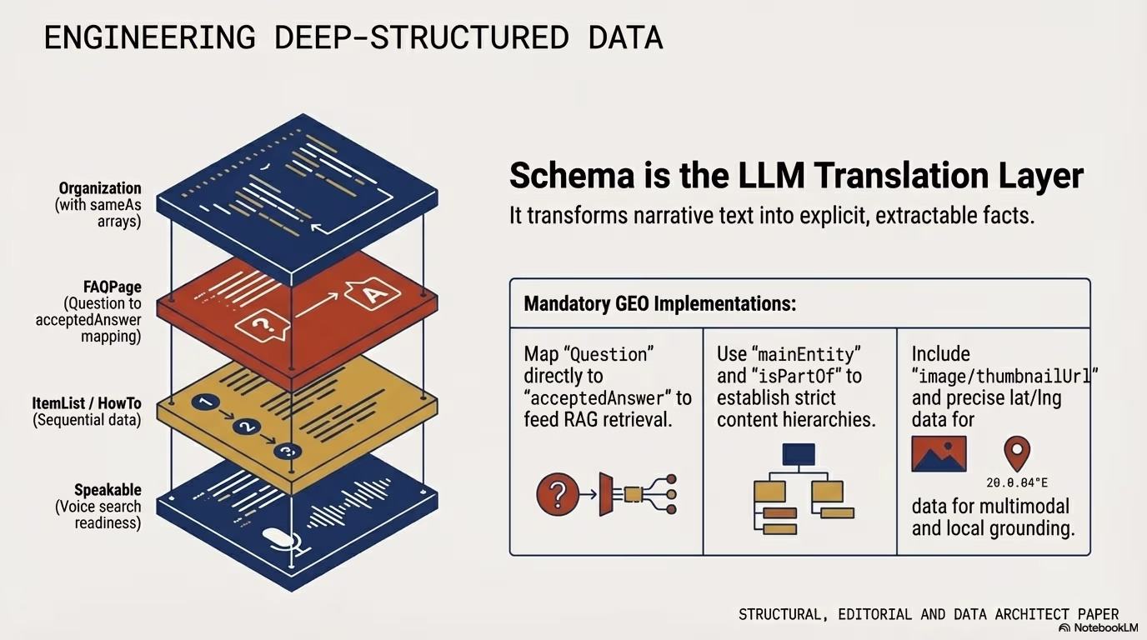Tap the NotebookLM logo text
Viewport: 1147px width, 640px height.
tap(1106, 627)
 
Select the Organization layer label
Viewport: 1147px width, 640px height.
tap(100, 188)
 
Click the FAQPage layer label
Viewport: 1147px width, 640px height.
tap(113, 287)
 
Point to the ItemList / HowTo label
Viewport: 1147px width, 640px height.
tap(87, 403)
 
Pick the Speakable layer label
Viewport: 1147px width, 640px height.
tap(108, 490)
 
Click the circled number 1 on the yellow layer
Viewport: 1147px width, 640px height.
tap(205, 403)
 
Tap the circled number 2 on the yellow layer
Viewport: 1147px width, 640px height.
tap(246, 427)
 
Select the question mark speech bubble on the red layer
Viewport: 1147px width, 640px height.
tap(263, 326)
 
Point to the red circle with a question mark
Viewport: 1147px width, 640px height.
tap(558, 493)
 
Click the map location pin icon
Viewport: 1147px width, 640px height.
tap(1017, 453)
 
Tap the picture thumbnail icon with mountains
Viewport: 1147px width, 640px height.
tap(939, 453)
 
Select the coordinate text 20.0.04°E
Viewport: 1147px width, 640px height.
tap(1017, 482)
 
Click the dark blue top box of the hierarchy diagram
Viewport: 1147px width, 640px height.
tap(799, 454)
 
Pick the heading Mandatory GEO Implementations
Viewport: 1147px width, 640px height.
tap(660, 303)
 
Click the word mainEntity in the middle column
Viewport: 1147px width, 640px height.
tap(806, 354)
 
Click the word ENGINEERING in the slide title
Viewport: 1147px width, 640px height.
tap(150, 37)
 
